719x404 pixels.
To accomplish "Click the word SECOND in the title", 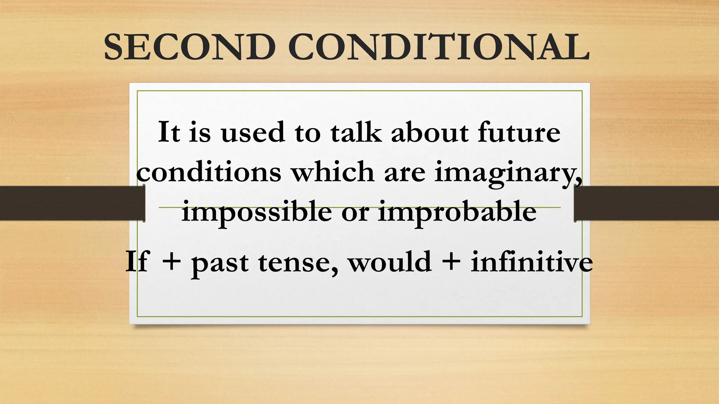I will [190, 47].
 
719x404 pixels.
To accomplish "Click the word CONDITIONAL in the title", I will [439, 47].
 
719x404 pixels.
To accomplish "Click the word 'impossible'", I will [256, 212].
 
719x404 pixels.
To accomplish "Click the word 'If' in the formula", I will [137, 261].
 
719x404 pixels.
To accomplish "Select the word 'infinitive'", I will [532, 261].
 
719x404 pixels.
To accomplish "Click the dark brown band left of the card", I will [70, 203].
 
